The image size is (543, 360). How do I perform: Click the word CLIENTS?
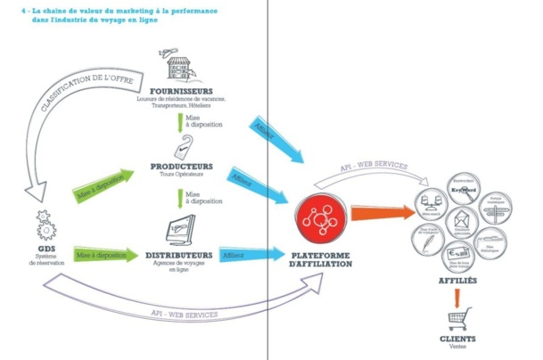[457, 340]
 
